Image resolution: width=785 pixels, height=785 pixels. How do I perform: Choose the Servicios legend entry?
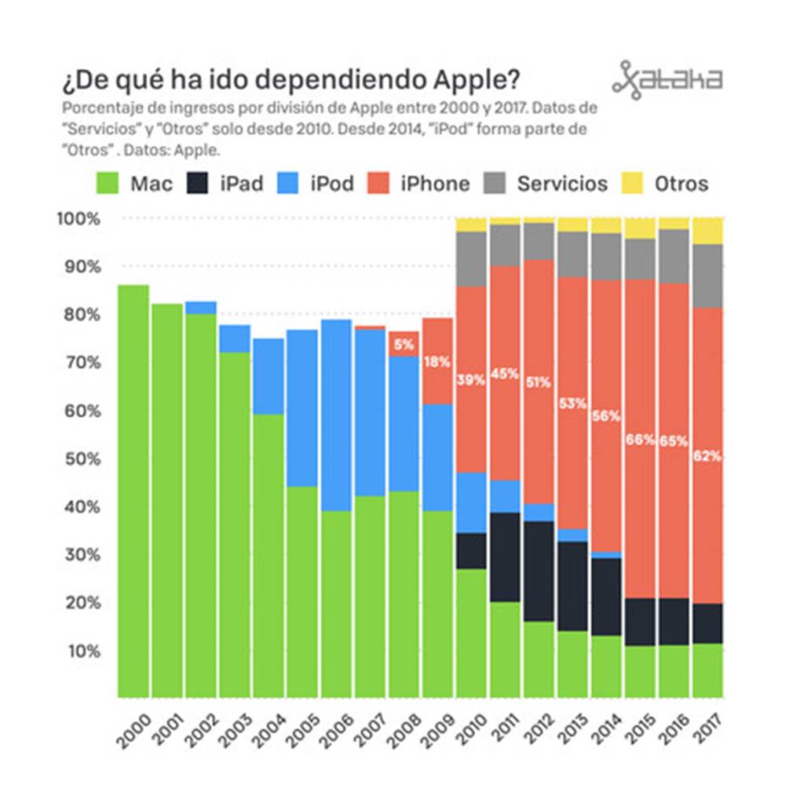pos(562,184)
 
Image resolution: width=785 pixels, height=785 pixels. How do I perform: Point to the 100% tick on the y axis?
pos(79,219)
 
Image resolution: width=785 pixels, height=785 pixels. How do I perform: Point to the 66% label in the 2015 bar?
pos(640,440)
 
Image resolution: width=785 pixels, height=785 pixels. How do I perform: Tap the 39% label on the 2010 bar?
pos(471,380)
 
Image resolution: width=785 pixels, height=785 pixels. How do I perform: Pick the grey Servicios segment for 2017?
pos(707,276)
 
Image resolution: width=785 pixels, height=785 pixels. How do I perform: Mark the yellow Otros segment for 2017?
pos(707,231)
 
